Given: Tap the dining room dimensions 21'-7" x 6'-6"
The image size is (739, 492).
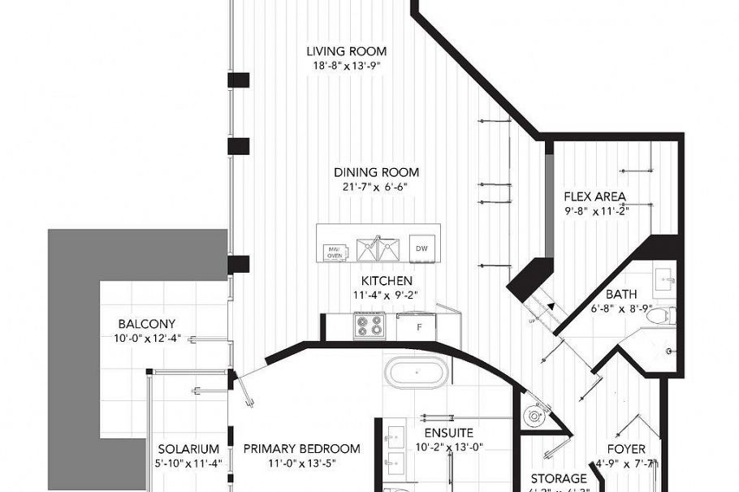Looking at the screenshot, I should (375, 187).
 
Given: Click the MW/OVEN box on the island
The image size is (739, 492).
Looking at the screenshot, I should (335, 252).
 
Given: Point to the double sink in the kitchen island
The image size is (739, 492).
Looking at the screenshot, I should (377, 249).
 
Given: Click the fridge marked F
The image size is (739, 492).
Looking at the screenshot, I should (419, 327).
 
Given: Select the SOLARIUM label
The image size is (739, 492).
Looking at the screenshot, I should (188, 449).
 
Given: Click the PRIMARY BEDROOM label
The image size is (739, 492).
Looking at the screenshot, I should (301, 449).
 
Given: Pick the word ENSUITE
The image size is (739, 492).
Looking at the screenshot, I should (448, 433).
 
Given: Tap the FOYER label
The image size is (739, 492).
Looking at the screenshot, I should (626, 449).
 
